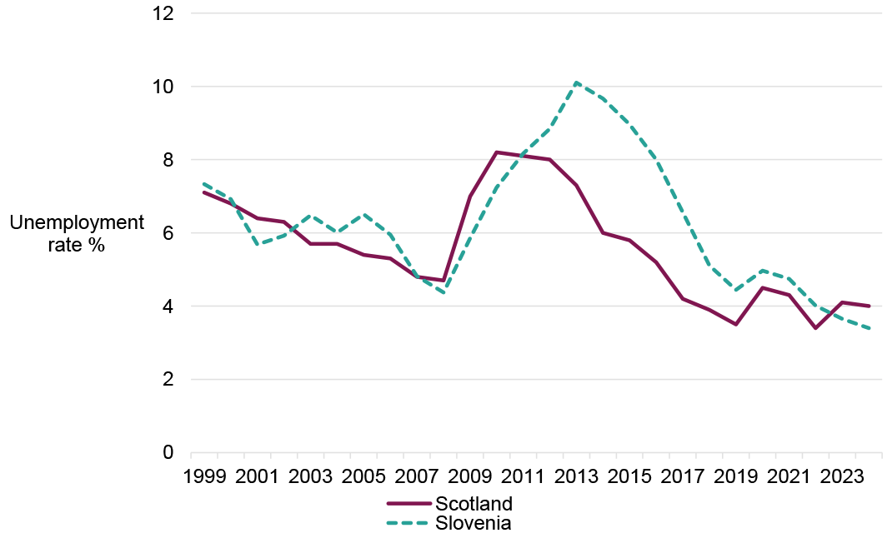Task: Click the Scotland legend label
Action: tap(474, 503)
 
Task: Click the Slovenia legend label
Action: tap(473, 523)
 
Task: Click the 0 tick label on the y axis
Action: tap(167, 452)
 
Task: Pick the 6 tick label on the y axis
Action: tap(167, 233)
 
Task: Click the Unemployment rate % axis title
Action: tap(77, 234)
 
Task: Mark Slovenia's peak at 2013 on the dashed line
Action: tap(577, 82)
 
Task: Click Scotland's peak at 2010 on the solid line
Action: tap(497, 152)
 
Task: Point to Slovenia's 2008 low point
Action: tap(443, 292)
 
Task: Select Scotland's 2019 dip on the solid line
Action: tap(735, 324)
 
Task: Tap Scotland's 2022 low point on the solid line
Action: tap(815, 328)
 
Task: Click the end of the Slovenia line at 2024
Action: tap(869, 328)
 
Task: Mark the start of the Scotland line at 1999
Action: tap(204, 192)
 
